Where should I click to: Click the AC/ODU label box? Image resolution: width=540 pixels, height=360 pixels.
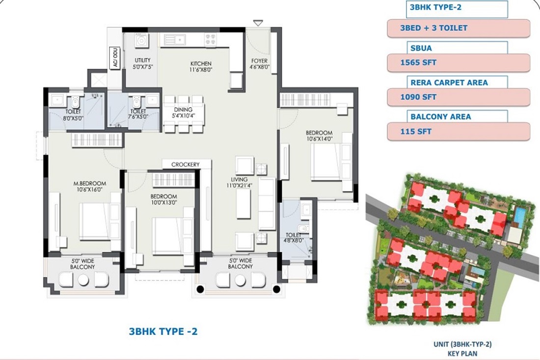click(x=115, y=58)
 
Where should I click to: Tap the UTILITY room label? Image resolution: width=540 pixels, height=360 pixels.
click(x=142, y=60)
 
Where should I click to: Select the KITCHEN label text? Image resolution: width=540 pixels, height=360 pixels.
click(x=201, y=63)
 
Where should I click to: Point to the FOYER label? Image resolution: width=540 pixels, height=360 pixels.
click(x=259, y=61)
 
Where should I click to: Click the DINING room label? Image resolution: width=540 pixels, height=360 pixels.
click(x=183, y=110)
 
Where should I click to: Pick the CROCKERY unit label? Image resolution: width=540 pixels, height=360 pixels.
click(x=186, y=165)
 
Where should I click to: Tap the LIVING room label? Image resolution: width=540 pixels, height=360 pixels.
click(x=240, y=179)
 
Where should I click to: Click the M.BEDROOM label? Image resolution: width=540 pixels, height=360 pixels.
click(x=90, y=184)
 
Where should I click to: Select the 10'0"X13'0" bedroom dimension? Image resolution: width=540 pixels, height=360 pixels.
click(x=163, y=202)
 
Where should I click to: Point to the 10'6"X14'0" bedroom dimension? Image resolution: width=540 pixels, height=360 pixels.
click(x=319, y=139)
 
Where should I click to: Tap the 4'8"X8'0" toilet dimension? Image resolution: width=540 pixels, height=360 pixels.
click(x=294, y=241)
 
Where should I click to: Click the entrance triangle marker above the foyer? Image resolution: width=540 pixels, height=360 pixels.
click(x=258, y=23)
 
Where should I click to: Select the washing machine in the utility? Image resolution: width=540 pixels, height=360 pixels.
click(x=141, y=41)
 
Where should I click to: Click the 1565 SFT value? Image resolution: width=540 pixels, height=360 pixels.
click(x=418, y=63)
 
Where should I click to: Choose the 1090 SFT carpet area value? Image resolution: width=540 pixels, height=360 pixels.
click(x=418, y=97)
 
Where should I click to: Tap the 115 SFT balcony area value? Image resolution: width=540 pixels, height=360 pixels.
click(x=416, y=132)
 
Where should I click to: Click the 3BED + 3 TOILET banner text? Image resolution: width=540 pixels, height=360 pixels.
click(x=433, y=28)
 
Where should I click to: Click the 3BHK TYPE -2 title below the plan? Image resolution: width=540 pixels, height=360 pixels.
click(x=163, y=332)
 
